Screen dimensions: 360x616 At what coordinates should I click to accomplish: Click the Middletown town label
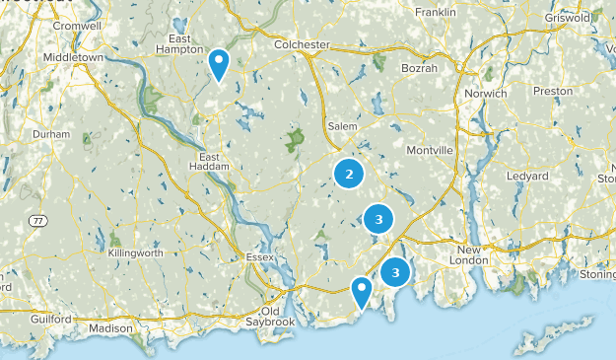tap(74, 58)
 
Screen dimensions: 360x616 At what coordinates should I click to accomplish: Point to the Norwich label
tap(486, 94)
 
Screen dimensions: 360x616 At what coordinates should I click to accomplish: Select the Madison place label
tap(109, 327)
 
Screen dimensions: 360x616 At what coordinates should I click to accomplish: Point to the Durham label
tap(51, 133)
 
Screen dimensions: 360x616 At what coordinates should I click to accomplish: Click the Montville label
tap(431, 150)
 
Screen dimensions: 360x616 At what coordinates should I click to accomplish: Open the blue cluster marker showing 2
tap(348, 174)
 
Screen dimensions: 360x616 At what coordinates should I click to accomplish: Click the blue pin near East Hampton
tap(220, 64)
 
